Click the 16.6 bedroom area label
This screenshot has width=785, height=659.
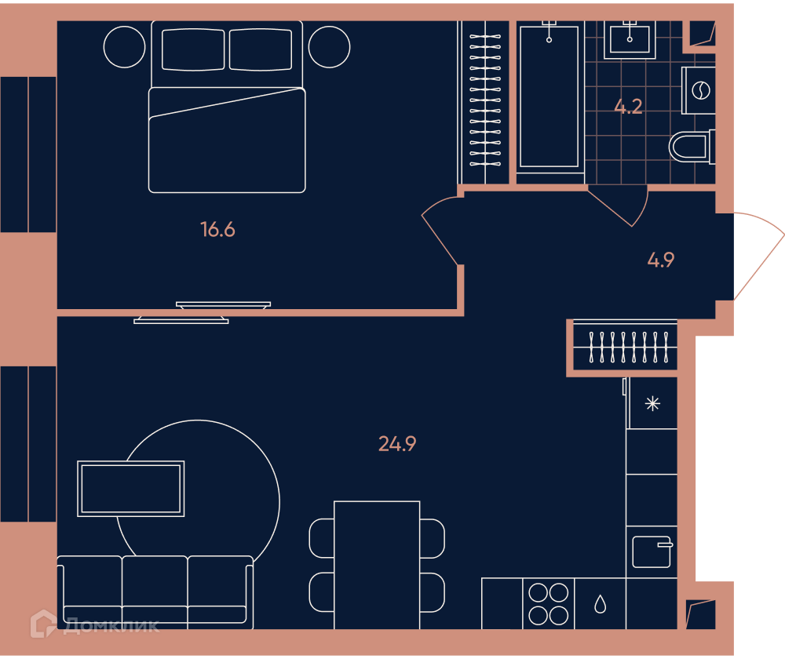click(217, 230)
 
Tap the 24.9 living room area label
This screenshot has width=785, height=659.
click(397, 444)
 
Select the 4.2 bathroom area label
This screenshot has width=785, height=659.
click(628, 107)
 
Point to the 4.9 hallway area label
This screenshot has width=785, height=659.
click(661, 260)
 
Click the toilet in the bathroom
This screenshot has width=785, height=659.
click(692, 146)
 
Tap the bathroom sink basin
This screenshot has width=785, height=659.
click(630, 39)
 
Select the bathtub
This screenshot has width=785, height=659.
click(549, 96)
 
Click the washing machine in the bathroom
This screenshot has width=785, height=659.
click(699, 90)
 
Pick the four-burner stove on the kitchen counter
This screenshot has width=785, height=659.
click(549, 604)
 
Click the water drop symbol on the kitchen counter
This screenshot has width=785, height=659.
click(601, 604)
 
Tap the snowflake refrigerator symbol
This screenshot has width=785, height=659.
click(653, 403)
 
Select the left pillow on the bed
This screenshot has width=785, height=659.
click(193, 49)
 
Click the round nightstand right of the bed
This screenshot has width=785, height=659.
click(329, 47)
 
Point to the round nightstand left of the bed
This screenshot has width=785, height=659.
click(124, 47)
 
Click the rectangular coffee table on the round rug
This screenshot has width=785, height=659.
click(130, 489)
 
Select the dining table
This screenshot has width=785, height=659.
click(377, 565)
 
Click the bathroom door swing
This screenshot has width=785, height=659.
click(621, 206)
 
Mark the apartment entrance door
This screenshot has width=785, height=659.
click(758, 256)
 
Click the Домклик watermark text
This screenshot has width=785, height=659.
click(111, 625)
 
